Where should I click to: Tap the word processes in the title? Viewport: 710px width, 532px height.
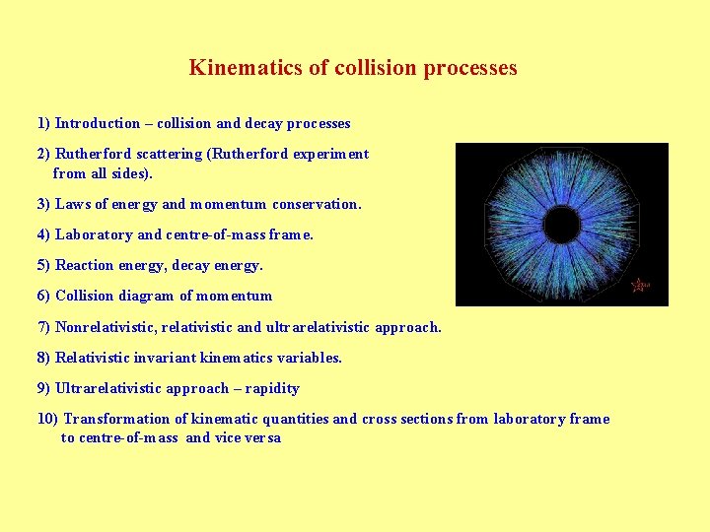(x=469, y=68)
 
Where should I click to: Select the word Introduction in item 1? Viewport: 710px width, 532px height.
(x=98, y=123)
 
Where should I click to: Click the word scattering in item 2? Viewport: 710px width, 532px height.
(x=163, y=154)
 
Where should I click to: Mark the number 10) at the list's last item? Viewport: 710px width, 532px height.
(x=47, y=419)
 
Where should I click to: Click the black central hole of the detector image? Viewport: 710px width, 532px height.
(x=561, y=226)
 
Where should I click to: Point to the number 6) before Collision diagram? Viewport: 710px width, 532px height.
(x=43, y=296)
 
